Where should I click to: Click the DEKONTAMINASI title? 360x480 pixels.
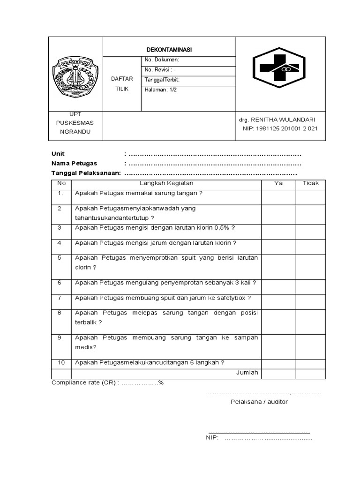(x=169, y=50)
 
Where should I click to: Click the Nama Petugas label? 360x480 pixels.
(x=74, y=163)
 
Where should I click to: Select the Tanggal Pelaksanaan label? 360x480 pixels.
(x=86, y=173)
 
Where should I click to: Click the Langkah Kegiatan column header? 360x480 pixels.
(x=166, y=183)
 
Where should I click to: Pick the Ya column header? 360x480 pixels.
(x=278, y=183)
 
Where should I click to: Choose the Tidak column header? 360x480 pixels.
(x=310, y=183)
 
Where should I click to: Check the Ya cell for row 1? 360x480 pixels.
(x=278, y=196)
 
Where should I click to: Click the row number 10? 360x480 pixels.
(x=61, y=362)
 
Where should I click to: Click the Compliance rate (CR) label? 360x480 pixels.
(x=85, y=382)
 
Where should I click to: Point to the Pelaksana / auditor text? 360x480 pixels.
(x=259, y=402)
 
